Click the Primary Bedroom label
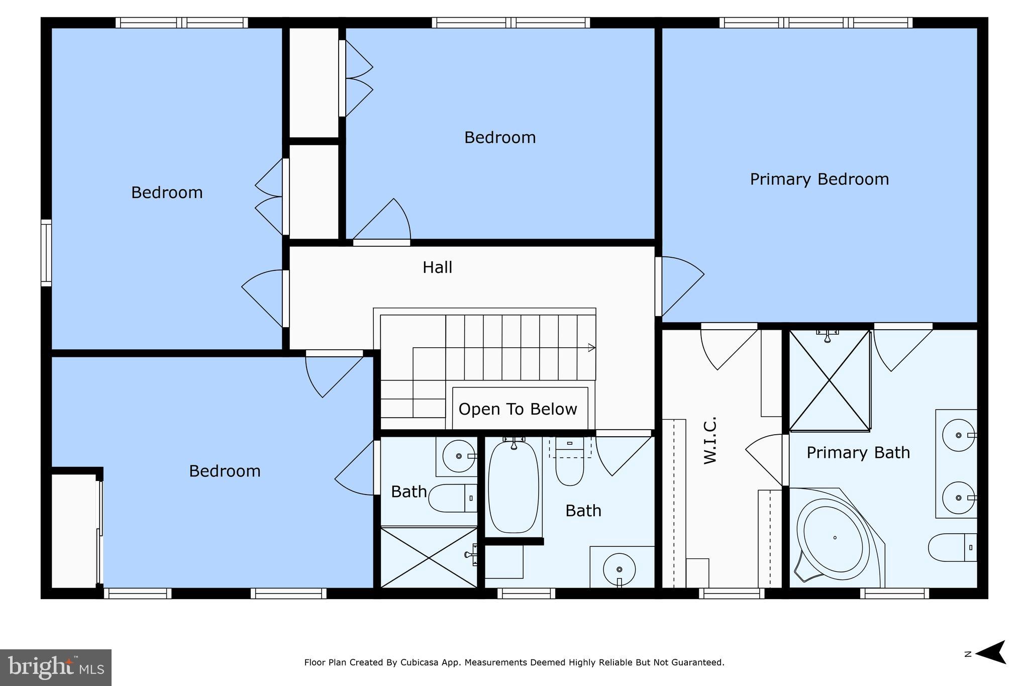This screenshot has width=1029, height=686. pyautogui.click(x=819, y=179)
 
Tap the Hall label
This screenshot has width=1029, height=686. pyautogui.click(x=437, y=267)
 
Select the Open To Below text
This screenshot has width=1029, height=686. pyautogui.click(x=518, y=409)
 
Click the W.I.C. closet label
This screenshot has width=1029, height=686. pyautogui.click(x=709, y=440)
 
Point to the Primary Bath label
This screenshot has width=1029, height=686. pyautogui.click(x=858, y=453)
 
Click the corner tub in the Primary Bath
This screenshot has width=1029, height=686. pyautogui.click(x=834, y=538)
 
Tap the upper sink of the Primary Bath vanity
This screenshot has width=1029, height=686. pyautogui.click(x=958, y=435)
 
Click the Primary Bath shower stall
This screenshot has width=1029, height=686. pyautogui.click(x=830, y=381)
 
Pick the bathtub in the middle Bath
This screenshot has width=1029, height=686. pyautogui.click(x=513, y=486)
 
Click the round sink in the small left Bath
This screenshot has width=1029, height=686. pyautogui.click(x=458, y=456)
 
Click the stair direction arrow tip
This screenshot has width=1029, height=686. pyautogui.click(x=593, y=348)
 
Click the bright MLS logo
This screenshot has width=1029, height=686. pyautogui.click(x=56, y=667)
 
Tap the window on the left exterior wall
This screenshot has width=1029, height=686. pyautogui.click(x=46, y=253)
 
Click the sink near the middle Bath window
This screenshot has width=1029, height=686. pyautogui.click(x=619, y=569)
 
